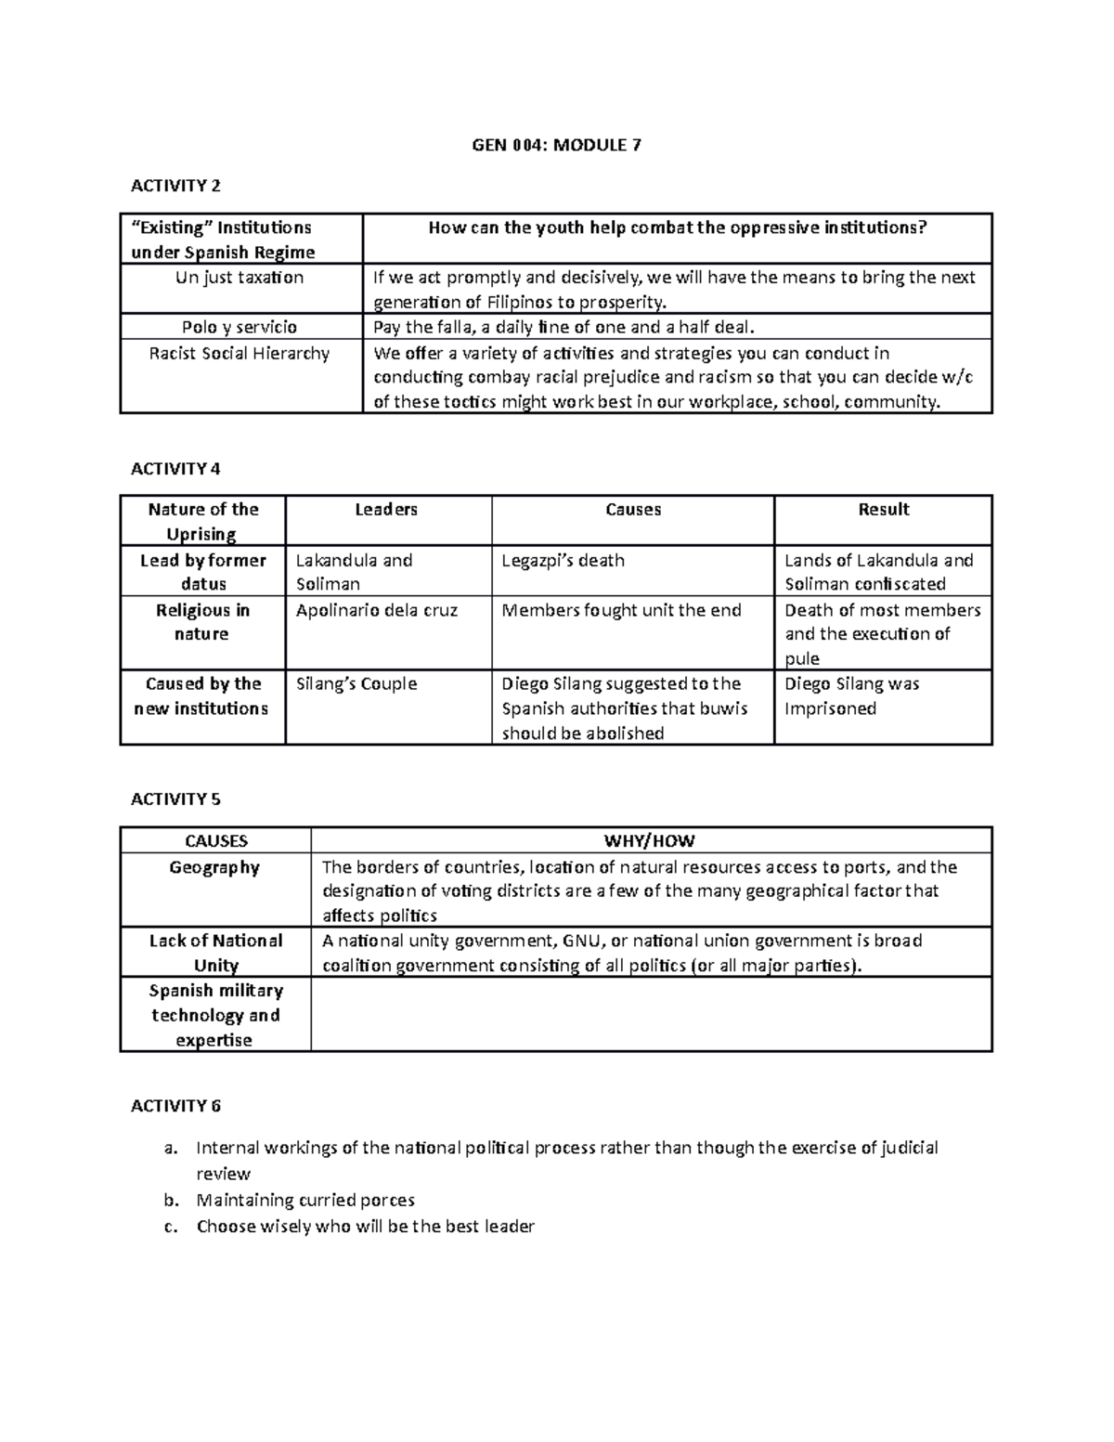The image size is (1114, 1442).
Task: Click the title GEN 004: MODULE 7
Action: point(557,145)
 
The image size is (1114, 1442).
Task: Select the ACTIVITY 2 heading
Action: point(175,186)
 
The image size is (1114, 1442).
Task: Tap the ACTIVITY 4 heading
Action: point(175,468)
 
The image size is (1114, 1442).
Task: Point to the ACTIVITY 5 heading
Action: point(175,799)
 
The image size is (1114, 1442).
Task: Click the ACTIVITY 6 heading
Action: point(175,1105)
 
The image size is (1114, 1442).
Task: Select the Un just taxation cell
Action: point(240,278)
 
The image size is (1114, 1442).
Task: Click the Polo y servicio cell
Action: point(240,327)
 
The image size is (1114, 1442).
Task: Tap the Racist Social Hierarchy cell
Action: point(240,354)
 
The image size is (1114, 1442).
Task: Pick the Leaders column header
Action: point(386,510)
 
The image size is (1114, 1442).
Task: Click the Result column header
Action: point(883,510)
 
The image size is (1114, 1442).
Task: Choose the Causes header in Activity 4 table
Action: point(633,510)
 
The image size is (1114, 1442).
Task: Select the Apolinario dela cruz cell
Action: point(376,610)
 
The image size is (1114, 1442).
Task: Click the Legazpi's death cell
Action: point(563,561)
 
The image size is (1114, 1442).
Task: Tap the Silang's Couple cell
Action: point(356,684)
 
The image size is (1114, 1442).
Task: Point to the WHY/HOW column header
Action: point(650,841)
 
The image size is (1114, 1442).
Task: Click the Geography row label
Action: point(214,867)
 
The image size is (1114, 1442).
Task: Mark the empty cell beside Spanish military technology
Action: point(650,1015)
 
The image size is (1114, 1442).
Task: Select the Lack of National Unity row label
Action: point(215,953)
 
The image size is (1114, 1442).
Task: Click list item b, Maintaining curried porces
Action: point(305,1200)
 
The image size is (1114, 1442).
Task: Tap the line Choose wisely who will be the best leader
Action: point(365,1227)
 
